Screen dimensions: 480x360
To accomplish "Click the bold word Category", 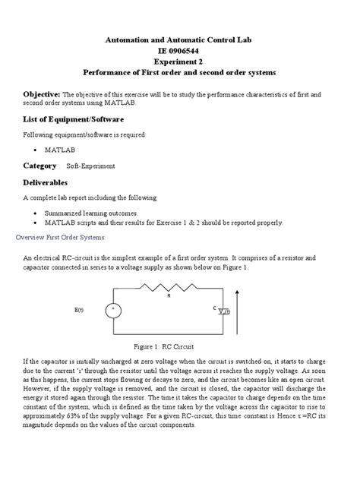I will coord(40,165).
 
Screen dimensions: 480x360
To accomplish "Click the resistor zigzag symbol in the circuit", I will coord(169,286).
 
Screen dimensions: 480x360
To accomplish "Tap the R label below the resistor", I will coord(169,296).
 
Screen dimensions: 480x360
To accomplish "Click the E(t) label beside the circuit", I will coord(80,310).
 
